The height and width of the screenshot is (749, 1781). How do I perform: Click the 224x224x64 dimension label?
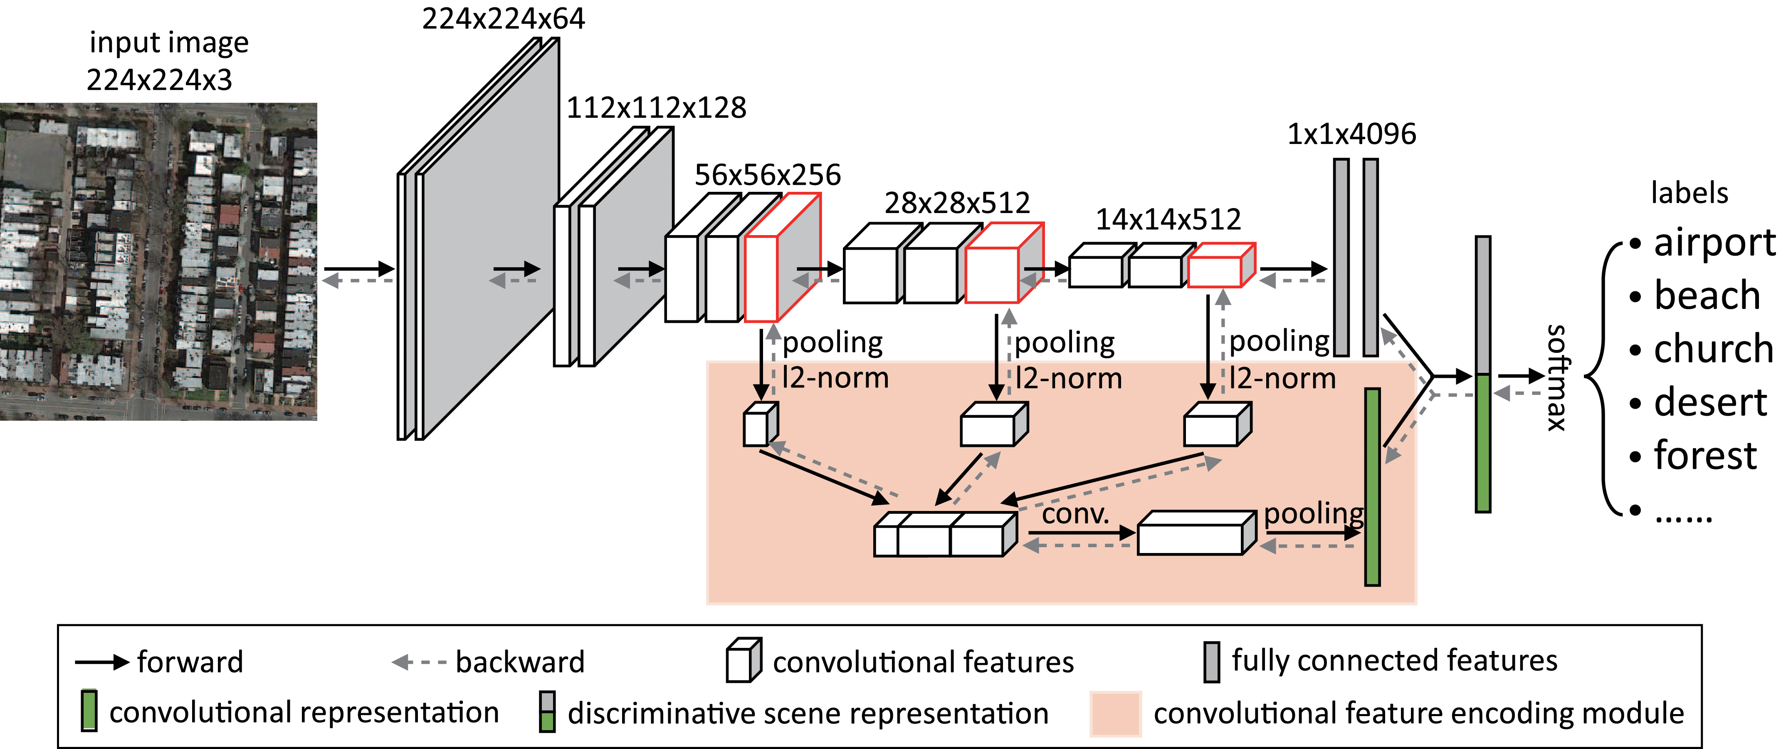pos(503,19)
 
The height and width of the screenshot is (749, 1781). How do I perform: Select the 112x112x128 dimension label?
pos(656,108)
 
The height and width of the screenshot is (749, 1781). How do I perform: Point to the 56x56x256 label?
pos(768,175)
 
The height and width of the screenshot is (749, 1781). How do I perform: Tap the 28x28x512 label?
pos(957,203)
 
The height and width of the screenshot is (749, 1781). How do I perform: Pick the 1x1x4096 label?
pos(1351,134)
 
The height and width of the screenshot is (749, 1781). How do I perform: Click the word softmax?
pos(1556,377)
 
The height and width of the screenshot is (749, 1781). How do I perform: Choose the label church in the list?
pos(1713,349)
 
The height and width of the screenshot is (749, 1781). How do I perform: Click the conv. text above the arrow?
pos(1075,514)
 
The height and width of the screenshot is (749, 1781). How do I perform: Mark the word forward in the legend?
pos(190,662)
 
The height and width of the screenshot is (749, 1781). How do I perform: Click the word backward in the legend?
pos(520,662)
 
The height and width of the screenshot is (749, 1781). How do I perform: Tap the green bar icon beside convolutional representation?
pos(89,710)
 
